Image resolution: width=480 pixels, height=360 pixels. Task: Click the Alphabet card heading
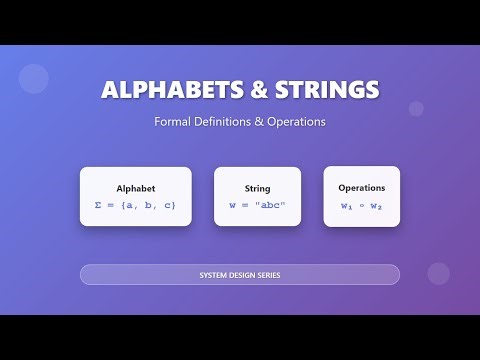[136, 188]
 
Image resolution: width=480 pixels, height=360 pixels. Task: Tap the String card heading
[257, 188]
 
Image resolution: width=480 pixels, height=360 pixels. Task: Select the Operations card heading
[361, 187]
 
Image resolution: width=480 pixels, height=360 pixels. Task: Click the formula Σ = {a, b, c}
[135, 205]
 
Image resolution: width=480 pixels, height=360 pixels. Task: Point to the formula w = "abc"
[257, 205]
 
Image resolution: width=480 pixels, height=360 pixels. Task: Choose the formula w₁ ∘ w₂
[361, 205]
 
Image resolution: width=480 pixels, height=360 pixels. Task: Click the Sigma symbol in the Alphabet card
[98, 205]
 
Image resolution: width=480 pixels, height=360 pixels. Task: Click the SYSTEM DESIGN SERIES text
[240, 274]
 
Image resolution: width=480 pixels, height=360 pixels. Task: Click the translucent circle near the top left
[34, 78]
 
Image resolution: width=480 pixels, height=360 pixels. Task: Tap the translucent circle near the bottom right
[438, 273]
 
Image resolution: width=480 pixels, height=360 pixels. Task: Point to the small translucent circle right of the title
[416, 108]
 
